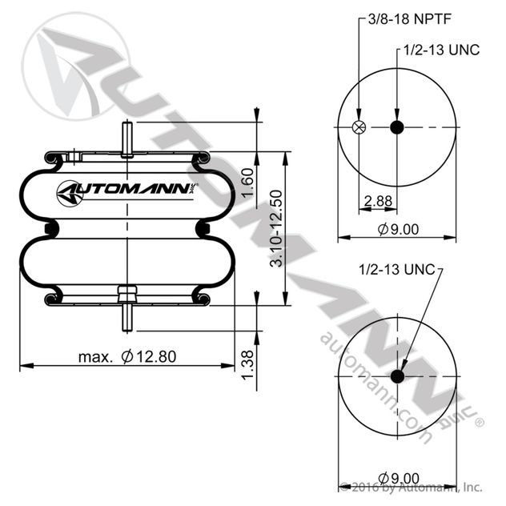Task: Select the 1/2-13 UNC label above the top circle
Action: (x=440, y=50)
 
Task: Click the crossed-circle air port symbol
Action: (x=359, y=127)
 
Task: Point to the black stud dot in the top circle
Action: (x=397, y=127)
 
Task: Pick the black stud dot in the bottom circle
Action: (x=397, y=377)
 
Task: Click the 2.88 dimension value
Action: (x=377, y=200)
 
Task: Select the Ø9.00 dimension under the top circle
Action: (x=398, y=230)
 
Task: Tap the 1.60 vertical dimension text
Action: (x=249, y=186)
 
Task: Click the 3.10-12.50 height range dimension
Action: (x=276, y=229)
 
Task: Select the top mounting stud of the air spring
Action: (x=127, y=139)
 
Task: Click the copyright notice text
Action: (x=412, y=486)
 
